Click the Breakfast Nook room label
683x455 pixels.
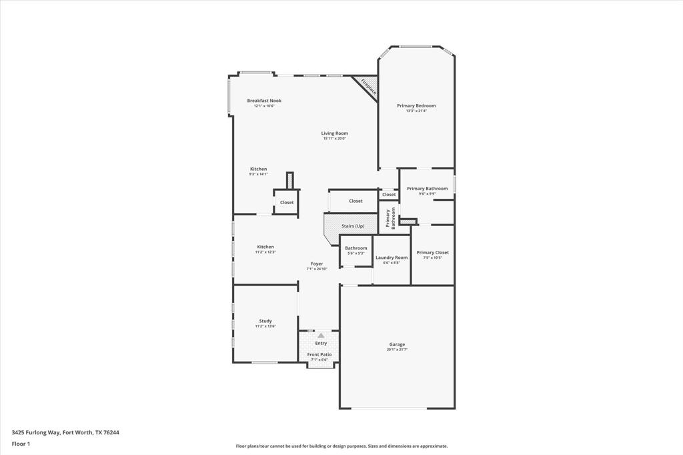[264, 101]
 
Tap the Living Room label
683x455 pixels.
[334, 133]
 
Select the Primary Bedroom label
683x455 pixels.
[416, 105]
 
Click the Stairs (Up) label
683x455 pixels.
[353, 226]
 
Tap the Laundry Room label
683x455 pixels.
[392, 258]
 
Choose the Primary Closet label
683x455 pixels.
[432, 252]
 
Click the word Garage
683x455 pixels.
[397, 344]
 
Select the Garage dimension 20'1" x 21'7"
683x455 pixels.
[397, 350]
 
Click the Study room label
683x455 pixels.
[265, 321]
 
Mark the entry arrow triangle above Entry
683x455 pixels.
[321, 336]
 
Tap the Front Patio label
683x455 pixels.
[319, 354]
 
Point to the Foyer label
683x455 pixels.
[317, 264]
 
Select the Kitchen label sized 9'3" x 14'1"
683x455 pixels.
[258, 169]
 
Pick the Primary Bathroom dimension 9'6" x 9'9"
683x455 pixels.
[427, 194]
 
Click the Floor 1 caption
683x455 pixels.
[21, 444]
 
